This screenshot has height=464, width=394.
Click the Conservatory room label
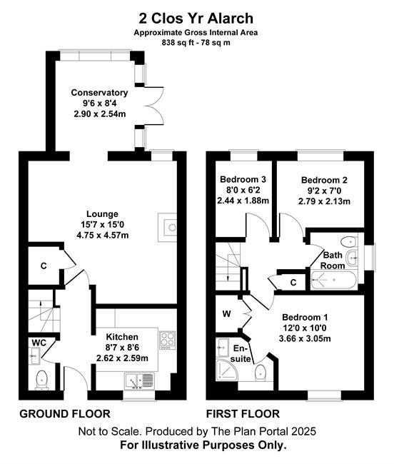[x=99, y=93]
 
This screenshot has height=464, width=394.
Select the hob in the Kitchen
[x=168, y=340]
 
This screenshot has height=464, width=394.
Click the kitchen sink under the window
[x=139, y=380]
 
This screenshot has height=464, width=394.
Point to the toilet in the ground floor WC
[x=41, y=380]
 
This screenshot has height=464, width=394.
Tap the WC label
[x=39, y=343]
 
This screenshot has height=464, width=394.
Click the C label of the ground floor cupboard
[x=44, y=266]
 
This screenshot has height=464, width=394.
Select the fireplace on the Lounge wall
[x=167, y=227]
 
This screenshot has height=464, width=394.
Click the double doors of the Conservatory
[x=155, y=106]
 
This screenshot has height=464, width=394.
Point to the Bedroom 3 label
[x=243, y=179]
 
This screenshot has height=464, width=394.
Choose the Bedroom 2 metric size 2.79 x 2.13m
[x=324, y=201]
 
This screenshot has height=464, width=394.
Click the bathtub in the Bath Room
[x=333, y=280]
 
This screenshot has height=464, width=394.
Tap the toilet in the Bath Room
[x=348, y=242]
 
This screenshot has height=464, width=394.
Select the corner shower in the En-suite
[x=227, y=369]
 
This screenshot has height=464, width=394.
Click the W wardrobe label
[x=226, y=313]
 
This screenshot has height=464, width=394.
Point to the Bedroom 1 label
[x=305, y=318]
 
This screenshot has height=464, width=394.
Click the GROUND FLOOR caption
[x=65, y=414]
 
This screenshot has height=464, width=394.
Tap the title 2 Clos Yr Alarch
[x=196, y=19]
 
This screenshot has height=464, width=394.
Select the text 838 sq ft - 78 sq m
[x=196, y=43]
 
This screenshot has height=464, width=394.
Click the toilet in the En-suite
[x=261, y=373]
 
